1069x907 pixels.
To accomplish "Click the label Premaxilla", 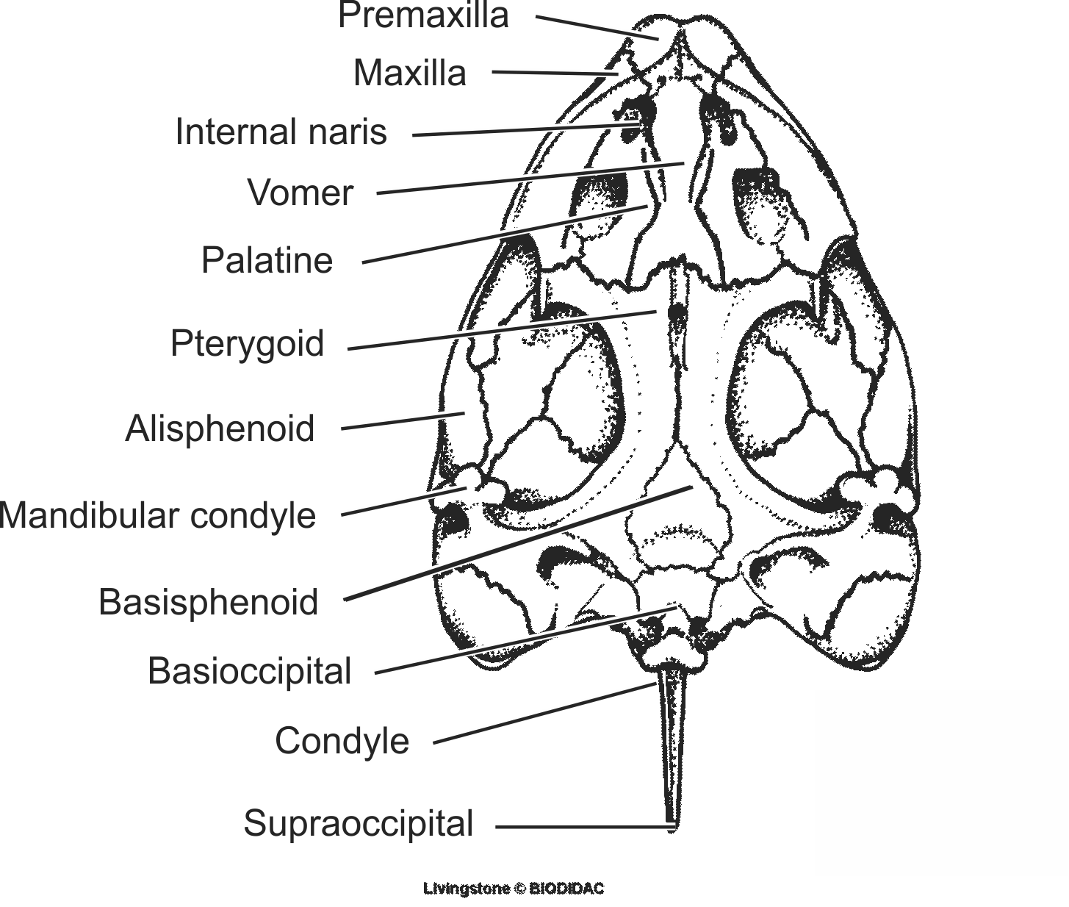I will (x=423, y=15).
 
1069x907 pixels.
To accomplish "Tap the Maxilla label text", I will (x=409, y=73).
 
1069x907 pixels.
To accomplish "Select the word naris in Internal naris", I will (x=350, y=132).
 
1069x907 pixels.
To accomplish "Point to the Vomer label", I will (x=300, y=193).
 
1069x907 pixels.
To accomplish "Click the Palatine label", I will (x=267, y=260).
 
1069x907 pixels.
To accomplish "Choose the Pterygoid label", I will (x=247, y=343).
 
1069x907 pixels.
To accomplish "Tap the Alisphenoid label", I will (x=220, y=428).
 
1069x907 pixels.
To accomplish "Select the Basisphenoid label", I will (x=209, y=601).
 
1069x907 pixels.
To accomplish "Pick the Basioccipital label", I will (x=250, y=671).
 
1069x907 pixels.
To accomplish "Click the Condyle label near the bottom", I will (x=342, y=740).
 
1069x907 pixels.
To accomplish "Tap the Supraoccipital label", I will (x=359, y=823).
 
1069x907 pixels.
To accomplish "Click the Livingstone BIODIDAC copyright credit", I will (x=514, y=889).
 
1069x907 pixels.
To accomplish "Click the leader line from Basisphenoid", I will (x=514, y=543).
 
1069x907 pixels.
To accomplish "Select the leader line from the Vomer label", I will (x=529, y=179).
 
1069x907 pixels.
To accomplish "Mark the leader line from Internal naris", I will (x=522, y=130).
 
